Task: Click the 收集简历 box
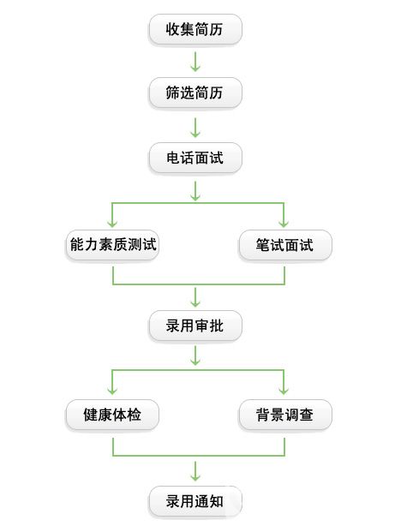(195, 29)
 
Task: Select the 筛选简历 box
(195, 93)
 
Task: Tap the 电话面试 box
(195, 158)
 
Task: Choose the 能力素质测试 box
(112, 245)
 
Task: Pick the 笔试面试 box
(285, 245)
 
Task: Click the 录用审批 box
(195, 326)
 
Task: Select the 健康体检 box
(112, 415)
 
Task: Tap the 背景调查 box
(285, 415)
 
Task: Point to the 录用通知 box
(195, 501)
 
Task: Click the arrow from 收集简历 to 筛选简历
(195, 62)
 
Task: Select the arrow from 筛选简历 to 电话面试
(195, 128)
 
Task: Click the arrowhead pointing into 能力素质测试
(112, 224)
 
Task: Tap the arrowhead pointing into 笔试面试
(284, 224)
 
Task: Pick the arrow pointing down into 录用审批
(195, 297)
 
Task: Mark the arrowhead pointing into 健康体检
(112, 391)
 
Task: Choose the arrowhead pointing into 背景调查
(284, 391)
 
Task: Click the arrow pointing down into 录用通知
(195, 471)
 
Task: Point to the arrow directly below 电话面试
(195, 191)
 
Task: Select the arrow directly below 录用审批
(195, 356)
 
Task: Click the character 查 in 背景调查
(307, 415)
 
